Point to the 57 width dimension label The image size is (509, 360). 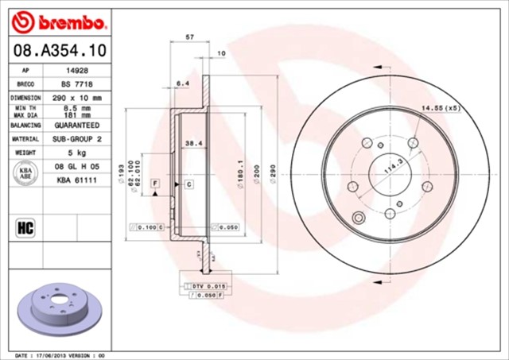point(189,37)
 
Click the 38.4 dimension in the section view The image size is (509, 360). point(191,143)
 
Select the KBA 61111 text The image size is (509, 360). point(76,181)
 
